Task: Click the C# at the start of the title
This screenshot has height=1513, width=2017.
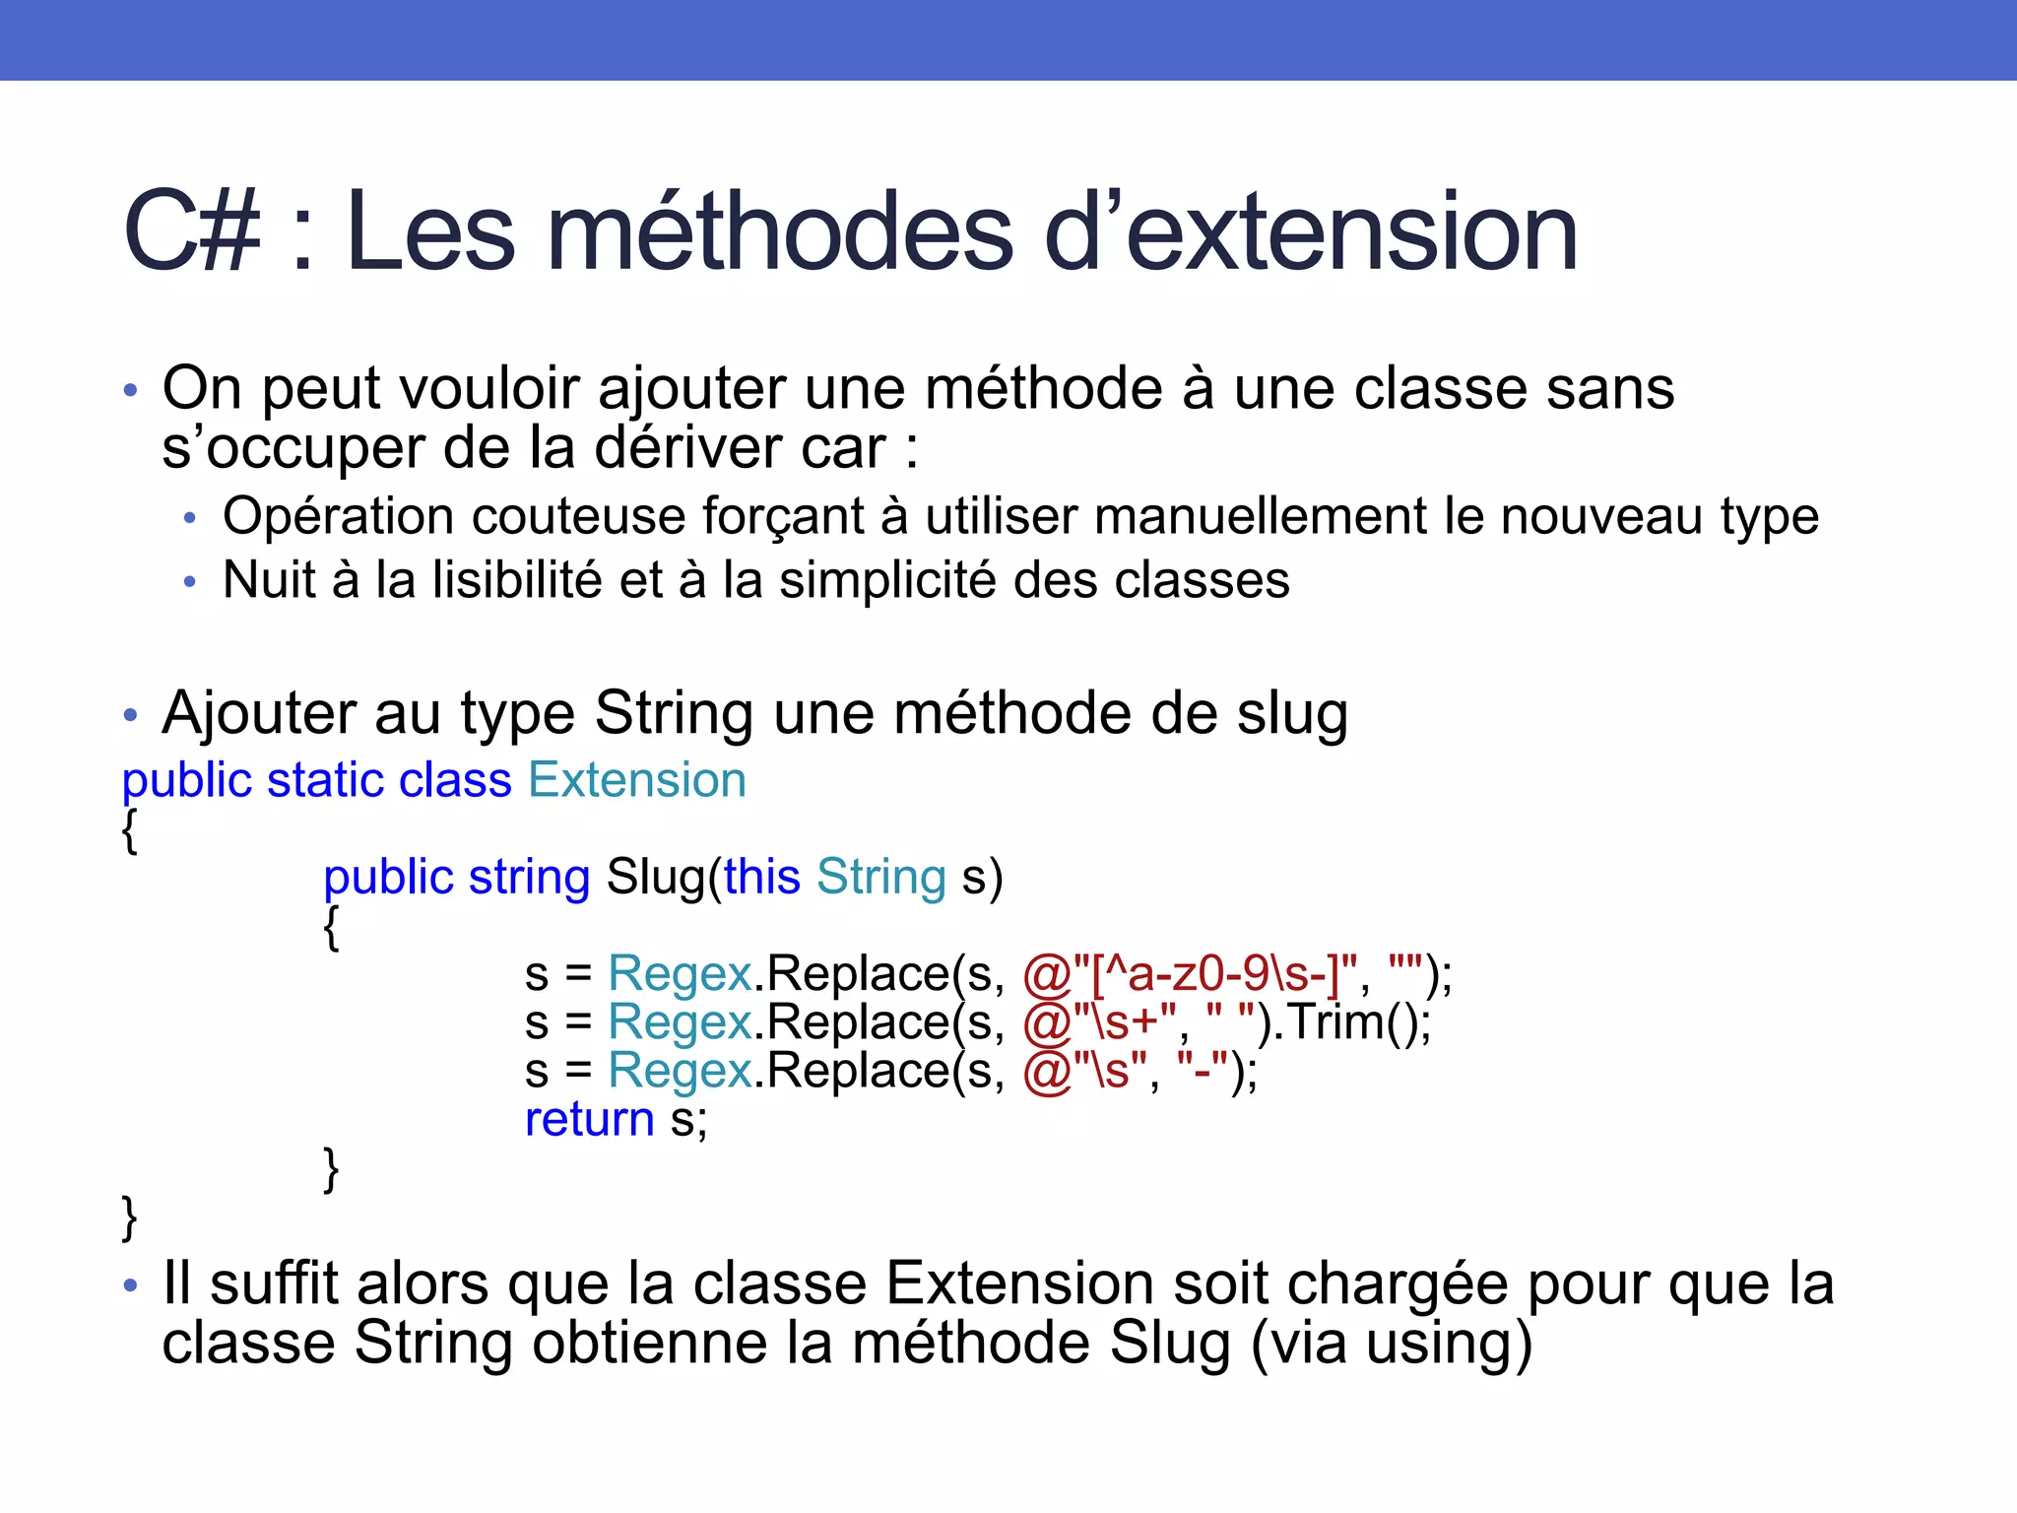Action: click(x=193, y=232)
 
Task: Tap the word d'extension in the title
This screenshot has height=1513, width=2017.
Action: click(x=1310, y=232)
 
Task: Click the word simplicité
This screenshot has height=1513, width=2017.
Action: click(x=887, y=579)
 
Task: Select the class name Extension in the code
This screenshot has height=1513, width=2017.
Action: click(x=637, y=780)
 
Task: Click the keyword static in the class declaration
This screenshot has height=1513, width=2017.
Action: click(x=324, y=780)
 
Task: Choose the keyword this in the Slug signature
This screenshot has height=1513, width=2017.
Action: click(x=761, y=877)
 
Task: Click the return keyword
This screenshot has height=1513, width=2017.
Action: click(x=589, y=1119)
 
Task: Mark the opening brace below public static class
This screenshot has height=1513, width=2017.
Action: click(x=129, y=829)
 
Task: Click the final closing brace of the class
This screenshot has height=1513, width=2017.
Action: click(x=129, y=1217)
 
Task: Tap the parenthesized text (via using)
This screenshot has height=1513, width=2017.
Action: click(x=1391, y=1344)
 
